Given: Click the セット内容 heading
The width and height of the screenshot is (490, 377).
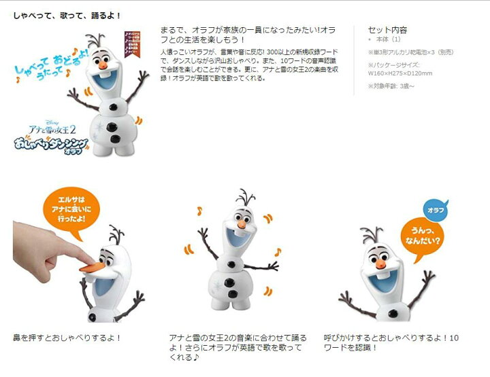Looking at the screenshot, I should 387,31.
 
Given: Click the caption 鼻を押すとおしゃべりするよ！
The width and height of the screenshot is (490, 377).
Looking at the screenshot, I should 67,337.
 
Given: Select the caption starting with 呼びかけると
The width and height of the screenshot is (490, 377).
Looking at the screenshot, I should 391,342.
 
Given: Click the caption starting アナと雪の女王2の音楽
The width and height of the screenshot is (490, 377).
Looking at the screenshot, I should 238,347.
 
